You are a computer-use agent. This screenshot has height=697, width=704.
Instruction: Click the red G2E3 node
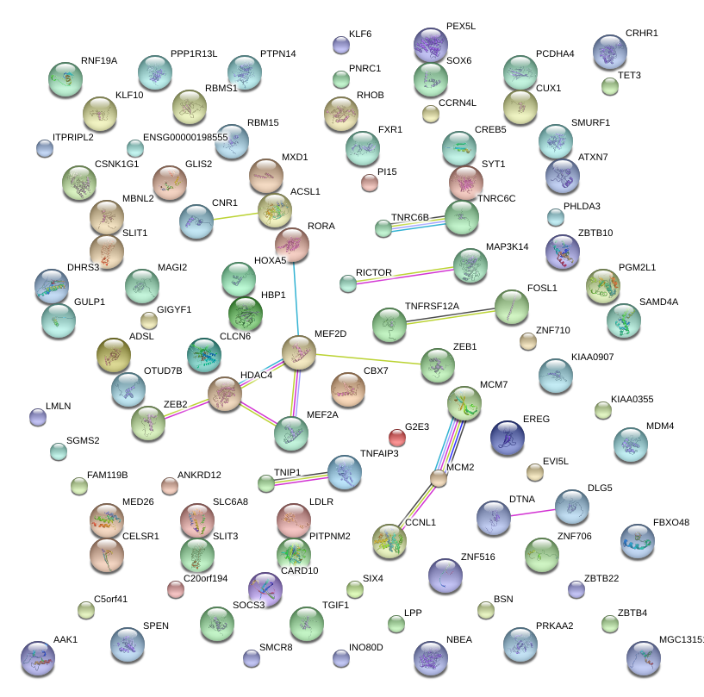(396, 437)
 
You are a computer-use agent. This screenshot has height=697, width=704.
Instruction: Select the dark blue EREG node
(507, 438)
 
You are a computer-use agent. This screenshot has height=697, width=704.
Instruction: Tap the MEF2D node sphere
(299, 352)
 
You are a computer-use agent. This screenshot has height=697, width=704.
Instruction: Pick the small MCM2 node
(439, 478)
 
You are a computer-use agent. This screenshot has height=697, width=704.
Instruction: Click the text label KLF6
(360, 34)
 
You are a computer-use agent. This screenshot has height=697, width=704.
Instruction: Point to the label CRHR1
(641, 33)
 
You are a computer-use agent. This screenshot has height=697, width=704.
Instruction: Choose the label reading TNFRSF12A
(432, 306)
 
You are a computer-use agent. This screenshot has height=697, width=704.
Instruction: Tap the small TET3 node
(610, 86)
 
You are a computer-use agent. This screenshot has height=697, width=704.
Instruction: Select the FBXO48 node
(637, 541)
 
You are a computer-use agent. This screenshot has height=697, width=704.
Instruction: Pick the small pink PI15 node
(370, 183)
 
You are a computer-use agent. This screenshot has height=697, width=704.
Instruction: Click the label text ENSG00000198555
(185, 137)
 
